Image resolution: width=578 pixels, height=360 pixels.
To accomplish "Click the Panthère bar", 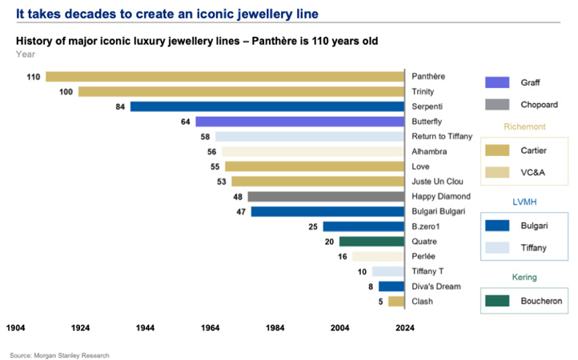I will (x=224, y=77).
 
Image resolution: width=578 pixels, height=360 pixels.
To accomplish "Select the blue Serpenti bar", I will (x=267, y=106).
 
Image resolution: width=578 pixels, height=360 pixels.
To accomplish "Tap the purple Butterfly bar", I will (x=299, y=122).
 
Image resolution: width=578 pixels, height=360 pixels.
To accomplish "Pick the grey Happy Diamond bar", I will (x=325, y=197).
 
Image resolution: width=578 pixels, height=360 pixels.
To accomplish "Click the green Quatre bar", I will (x=371, y=242).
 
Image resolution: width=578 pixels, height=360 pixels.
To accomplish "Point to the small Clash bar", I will (x=395, y=302).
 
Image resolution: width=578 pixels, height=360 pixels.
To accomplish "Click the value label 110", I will (x=33, y=77).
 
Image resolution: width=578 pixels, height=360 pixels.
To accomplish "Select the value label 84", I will (x=121, y=106).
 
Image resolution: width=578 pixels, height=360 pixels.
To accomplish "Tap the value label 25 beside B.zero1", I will (x=313, y=227).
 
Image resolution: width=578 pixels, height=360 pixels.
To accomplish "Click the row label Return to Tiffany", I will (x=442, y=137).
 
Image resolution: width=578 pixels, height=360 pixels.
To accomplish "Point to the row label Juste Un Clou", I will (x=437, y=182).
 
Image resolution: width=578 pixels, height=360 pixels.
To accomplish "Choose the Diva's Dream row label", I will (x=436, y=286).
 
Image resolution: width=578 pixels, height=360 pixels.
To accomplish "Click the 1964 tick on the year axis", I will (x=211, y=327).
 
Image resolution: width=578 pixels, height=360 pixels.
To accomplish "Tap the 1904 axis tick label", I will (x=17, y=327).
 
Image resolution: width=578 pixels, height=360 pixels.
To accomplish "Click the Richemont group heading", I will (x=524, y=126).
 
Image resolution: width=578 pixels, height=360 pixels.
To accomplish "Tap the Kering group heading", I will (x=524, y=277).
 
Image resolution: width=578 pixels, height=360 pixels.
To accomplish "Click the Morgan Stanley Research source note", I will (x=60, y=355).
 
